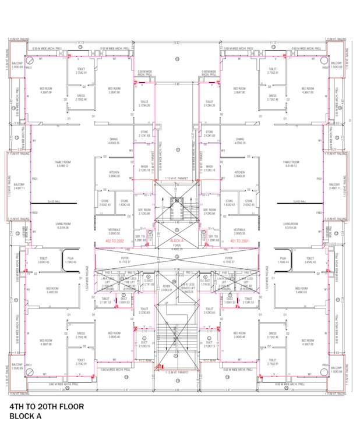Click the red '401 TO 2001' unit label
pos(239,240)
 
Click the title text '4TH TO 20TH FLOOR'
pos(47,406)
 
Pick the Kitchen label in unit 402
pos(114,174)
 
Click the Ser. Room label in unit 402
pos(144,211)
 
